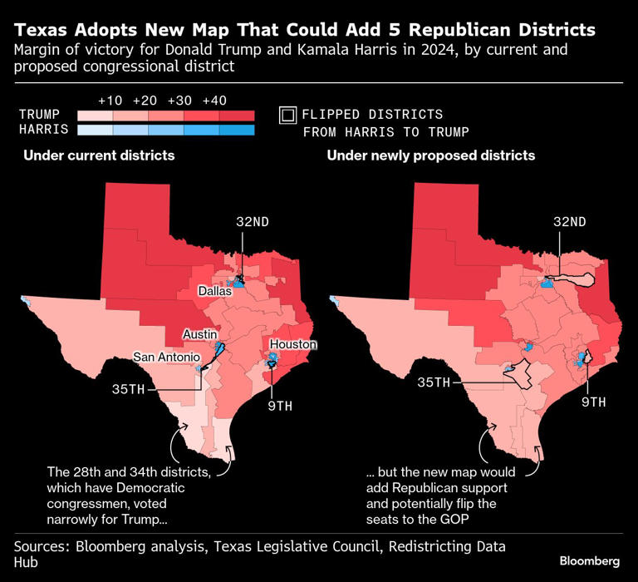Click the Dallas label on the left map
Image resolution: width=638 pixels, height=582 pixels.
click(214, 291)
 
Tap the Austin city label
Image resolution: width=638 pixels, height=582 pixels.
click(199, 333)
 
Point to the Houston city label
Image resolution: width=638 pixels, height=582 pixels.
click(293, 344)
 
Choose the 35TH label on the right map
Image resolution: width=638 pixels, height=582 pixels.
click(434, 382)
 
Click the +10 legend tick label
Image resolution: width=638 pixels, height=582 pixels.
click(110, 100)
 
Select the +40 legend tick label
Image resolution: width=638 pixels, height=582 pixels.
click(214, 100)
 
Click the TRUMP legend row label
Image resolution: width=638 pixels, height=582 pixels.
click(38, 115)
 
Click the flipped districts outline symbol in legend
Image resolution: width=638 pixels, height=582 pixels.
click(288, 115)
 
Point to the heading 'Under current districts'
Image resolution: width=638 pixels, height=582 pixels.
click(99, 155)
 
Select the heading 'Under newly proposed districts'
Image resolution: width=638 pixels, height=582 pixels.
click(430, 155)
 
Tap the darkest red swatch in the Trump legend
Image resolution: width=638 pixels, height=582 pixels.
click(237, 116)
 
